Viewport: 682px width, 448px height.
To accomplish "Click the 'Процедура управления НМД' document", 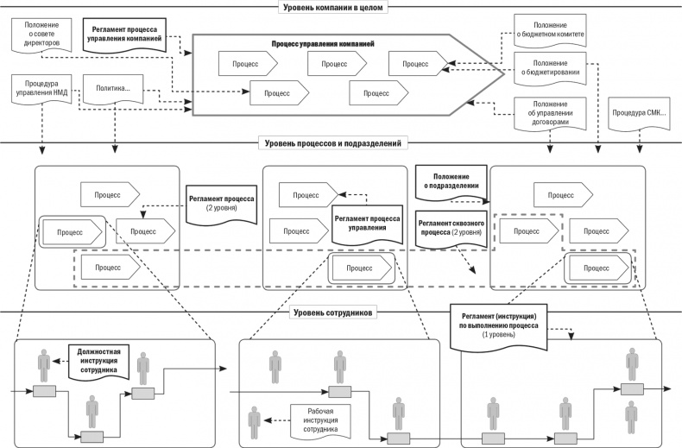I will coord(40,91).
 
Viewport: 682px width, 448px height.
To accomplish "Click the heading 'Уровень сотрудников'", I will coord(333,312).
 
